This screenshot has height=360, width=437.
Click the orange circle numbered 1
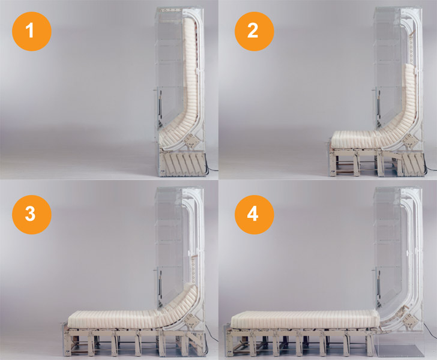(x=31, y=31)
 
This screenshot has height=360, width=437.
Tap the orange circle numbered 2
(x=254, y=31)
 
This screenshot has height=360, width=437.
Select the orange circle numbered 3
(x=31, y=214)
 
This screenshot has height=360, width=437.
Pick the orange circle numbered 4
(x=254, y=214)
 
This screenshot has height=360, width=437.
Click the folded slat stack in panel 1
(x=184, y=164)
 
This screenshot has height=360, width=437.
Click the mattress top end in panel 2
(x=409, y=68)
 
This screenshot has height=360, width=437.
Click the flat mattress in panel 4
(x=305, y=320)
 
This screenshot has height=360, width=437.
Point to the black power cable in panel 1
(x=211, y=169)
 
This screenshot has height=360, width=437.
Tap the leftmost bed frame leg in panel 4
(x=228, y=343)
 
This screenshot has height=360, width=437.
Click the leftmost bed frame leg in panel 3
(x=66, y=343)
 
